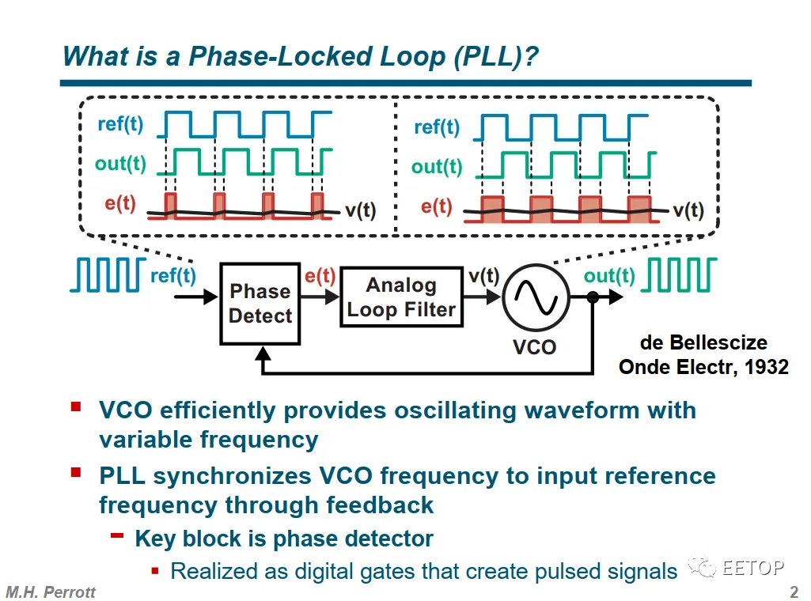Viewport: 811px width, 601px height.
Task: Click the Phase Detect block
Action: click(260, 304)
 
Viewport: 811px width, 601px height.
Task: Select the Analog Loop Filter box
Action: click(401, 297)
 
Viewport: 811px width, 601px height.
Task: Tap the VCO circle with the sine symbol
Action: click(536, 297)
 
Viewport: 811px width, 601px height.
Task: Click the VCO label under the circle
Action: click(534, 346)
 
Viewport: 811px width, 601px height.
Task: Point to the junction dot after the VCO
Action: click(593, 297)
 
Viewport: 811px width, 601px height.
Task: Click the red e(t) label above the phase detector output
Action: click(320, 276)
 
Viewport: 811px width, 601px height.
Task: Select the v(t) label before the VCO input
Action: click(483, 276)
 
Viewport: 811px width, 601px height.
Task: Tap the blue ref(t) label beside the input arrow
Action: click(172, 275)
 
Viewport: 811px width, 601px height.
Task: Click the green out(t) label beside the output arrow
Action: click(609, 276)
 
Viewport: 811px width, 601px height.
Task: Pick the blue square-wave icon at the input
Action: click(108, 275)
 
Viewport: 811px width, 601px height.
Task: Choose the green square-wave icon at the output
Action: click(679, 275)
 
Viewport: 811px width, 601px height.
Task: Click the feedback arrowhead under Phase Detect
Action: click(263, 353)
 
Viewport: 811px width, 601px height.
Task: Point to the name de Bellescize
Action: click(703, 342)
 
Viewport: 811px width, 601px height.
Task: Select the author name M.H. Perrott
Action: click(51, 592)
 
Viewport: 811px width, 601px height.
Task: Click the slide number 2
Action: click(794, 592)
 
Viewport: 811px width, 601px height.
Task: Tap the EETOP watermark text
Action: click(753, 568)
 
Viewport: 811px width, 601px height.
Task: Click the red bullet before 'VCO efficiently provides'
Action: click(76, 406)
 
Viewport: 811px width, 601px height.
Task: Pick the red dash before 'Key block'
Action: click(117, 535)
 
